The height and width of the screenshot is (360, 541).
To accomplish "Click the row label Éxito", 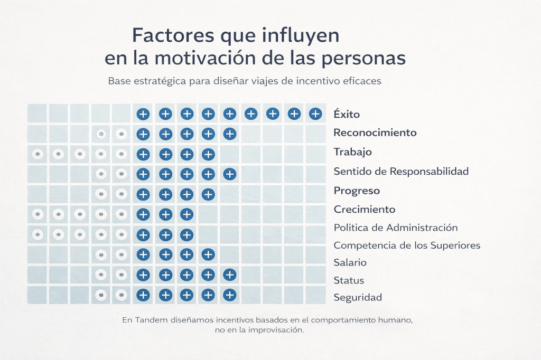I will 347,114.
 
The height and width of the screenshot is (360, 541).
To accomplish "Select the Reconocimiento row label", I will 375,133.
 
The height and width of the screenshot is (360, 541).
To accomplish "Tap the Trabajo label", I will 353,152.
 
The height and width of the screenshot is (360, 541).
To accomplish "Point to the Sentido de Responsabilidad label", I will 401,172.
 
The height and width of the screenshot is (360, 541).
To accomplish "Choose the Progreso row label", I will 357,191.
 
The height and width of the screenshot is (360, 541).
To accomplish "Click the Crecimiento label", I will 365,210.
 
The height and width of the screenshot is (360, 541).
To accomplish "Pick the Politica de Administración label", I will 396,228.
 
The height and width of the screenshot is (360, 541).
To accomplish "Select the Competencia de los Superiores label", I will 407,245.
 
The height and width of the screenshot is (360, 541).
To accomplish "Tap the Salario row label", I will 350,263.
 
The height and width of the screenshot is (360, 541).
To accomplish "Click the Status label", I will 349,280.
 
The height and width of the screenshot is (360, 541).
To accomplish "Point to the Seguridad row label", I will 358,298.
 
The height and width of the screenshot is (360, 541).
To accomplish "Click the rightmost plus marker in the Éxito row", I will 315,114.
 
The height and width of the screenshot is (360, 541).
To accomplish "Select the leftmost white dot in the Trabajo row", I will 38,154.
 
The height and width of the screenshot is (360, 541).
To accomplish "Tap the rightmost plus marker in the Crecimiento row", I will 186,214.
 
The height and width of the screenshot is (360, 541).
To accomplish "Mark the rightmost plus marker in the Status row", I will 229,274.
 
